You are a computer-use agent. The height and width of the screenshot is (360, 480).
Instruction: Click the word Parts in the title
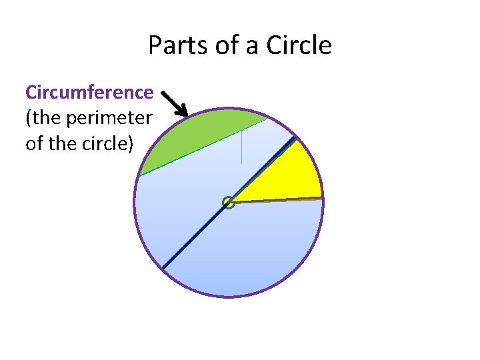click(171, 46)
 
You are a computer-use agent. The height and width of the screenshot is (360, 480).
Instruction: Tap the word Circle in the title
click(299, 46)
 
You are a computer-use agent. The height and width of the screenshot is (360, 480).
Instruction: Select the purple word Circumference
click(89, 92)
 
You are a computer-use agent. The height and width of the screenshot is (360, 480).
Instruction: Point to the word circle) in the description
click(104, 143)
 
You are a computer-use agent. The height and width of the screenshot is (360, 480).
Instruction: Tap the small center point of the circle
click(229, 202)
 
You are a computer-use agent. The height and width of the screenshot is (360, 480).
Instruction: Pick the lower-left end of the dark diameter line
click(163, 268)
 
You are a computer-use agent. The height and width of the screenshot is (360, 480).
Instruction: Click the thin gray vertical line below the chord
click(241, 148)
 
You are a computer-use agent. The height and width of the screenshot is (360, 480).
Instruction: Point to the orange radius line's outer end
click(322, 198)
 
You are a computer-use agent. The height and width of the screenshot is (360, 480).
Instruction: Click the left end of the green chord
click(139, 176)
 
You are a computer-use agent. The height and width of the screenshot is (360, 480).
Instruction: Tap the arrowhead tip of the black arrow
click(188, 115)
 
